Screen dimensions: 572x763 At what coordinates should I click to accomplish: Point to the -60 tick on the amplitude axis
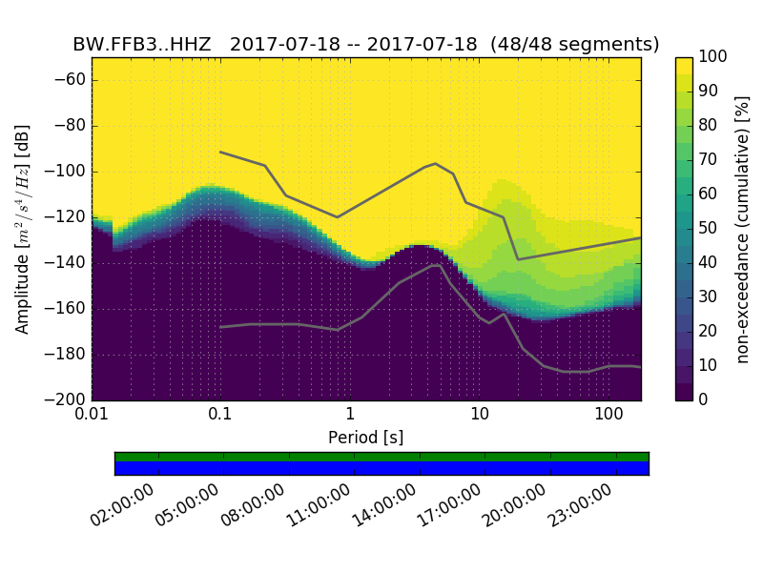click(71, 80)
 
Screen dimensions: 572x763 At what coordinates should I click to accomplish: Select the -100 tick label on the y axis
click(67, 172)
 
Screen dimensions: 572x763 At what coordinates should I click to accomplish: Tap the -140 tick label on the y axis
click(67, 263)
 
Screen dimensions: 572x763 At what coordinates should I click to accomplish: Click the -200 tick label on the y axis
click(67, 399)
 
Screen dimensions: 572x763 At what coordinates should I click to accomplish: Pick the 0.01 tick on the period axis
click(92, 414)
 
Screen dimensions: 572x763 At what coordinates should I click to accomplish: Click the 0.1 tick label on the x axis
click(220, 414)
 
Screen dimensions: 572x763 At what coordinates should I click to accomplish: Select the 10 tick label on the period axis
click(480, 414)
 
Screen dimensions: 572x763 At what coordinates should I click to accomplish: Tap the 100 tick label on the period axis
click(608, 414)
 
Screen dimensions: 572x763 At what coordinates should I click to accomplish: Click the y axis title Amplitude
click(23, 229)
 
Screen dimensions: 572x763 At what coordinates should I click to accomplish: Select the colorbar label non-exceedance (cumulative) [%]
click(742, 229)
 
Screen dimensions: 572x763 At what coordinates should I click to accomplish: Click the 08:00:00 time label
click(258, 506)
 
